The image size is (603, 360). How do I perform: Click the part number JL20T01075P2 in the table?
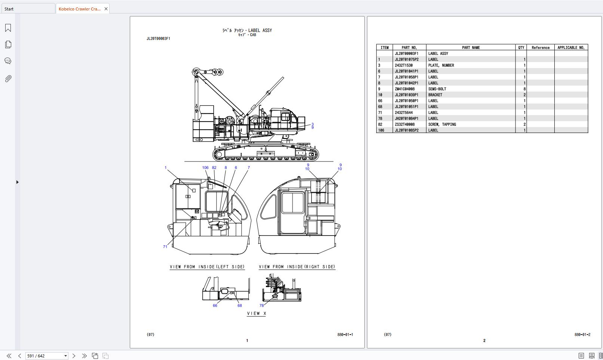tap(406, 59)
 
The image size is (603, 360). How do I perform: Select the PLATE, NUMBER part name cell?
tap(441, 65)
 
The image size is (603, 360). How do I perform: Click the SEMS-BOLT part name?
tap(437, 89)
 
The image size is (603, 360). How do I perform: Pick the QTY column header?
tap(521, 47)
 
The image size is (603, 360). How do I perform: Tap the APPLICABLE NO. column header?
tap(571, 47)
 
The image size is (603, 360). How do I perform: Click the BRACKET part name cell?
tap(435, 95)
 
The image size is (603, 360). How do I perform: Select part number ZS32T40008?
tap(404, 124)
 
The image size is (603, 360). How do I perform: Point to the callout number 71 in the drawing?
tap(165, 247)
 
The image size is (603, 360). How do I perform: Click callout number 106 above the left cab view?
tap(205, 167)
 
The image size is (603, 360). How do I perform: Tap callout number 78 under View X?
tap(261, 305)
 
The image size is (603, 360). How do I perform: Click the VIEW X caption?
tap(256, 314)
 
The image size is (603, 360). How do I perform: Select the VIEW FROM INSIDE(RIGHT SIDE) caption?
tap(297, 267)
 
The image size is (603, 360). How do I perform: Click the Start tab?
tap(9, 9)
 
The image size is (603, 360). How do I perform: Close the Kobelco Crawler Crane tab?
tap(106, 9)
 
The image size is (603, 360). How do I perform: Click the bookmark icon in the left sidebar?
tap(8, 28)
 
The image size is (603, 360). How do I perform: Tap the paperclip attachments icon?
tap(8, 79)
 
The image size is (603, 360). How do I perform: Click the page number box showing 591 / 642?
tap(44, 356)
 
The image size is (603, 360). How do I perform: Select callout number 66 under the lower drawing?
tap(215, 305)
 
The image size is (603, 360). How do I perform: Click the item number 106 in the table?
tap(381, 130)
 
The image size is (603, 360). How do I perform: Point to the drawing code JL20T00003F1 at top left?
tap(158, 39)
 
